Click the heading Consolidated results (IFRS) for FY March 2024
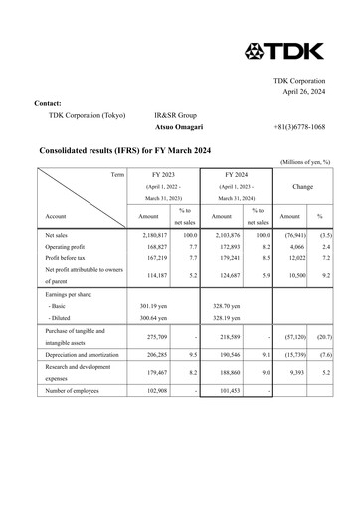(x=124, y=150)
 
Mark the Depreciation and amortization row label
(x=89, y=353)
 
